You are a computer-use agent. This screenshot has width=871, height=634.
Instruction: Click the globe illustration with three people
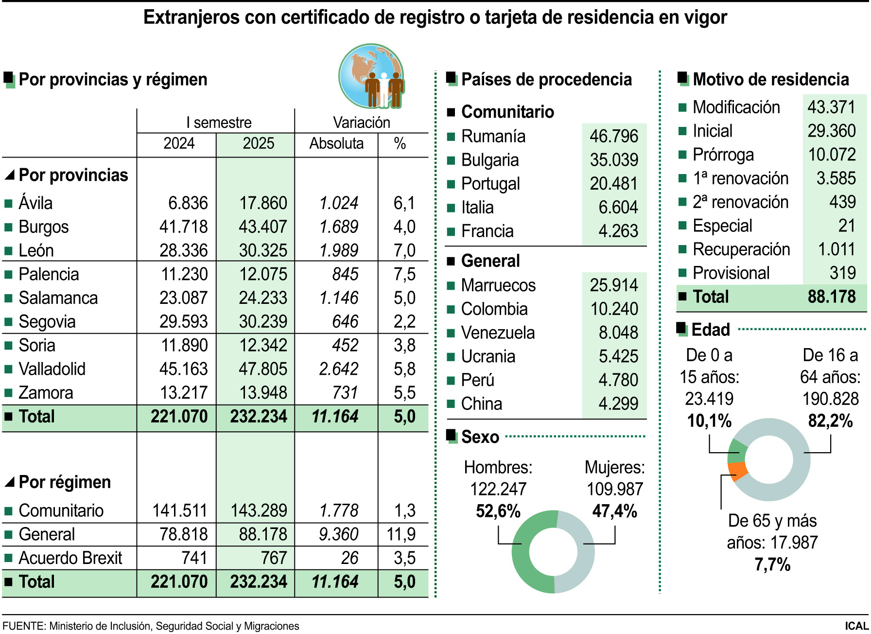pos(372,76)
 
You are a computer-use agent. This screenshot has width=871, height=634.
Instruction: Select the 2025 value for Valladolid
pos(262,369)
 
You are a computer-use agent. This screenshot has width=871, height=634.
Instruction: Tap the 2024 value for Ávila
pos(188,203)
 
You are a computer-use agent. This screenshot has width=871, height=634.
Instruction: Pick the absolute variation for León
pos(338,250)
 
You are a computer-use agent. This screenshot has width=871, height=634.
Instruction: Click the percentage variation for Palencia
pos(404,274)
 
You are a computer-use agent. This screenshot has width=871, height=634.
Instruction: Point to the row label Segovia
pos(47,322)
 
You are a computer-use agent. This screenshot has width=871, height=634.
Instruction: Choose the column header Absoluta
pos(336,143)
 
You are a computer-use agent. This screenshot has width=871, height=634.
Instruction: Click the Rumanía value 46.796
pos(613,136)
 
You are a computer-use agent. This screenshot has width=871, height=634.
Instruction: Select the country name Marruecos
pos(498,285)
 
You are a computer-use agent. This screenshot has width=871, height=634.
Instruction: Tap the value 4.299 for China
pos(618,404)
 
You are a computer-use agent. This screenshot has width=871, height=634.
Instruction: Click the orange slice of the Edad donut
pos(738,470)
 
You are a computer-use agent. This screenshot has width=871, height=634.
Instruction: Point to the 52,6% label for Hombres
pos(498,511)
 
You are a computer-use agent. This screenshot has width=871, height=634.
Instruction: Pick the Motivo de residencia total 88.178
pos(831,297)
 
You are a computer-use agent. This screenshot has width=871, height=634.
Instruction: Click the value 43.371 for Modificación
pos(831,107)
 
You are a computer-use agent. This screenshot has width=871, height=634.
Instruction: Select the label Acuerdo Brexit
pos(70,558)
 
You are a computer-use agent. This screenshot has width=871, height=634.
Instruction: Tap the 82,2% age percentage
pos(830,421)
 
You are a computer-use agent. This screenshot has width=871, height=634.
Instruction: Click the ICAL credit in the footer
pos(856,626)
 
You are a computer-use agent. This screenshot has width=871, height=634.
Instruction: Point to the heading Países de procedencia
pos(546,79)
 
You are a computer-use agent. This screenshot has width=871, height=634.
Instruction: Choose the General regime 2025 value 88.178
pos(262,534)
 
